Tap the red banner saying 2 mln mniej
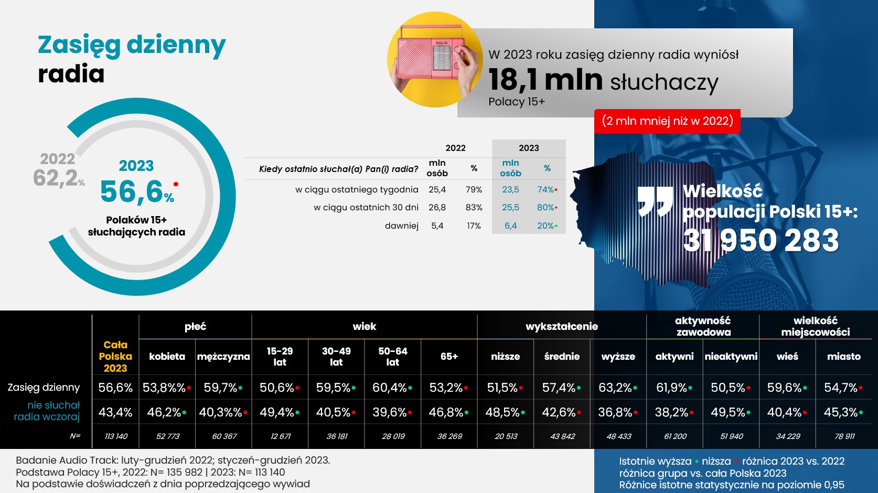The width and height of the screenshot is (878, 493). [x=667, y=121]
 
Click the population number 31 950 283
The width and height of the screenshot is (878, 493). [x=761, y=240]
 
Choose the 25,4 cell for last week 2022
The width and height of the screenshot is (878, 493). [x=437, y=190]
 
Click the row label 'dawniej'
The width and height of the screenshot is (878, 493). [x=401, y=226]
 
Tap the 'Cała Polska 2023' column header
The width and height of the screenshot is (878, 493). [x=115, y=357]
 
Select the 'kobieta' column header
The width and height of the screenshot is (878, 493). [x=167, y=357]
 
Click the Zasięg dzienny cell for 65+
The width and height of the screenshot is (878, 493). [x=448, y=388]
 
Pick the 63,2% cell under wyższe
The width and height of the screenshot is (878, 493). [x=617, y=388]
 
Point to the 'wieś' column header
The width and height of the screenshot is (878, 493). [x=787, y=357]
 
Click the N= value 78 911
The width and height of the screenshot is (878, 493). [x=844, y=436]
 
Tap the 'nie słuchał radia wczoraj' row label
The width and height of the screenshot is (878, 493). [x=47, y=411]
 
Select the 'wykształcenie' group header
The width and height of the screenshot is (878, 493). [x=562, y=327]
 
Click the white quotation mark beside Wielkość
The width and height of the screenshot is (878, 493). [x=655, y=201]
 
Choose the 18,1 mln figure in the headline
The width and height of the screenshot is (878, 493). [x=545, y=80]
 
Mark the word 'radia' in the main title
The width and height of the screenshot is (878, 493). [x=71, y=74]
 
